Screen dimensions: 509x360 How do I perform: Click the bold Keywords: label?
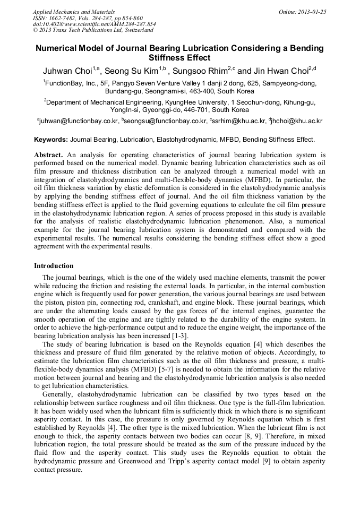51,140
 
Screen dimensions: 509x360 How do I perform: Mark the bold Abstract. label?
48,155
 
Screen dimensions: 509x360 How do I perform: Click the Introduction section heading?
54,265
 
